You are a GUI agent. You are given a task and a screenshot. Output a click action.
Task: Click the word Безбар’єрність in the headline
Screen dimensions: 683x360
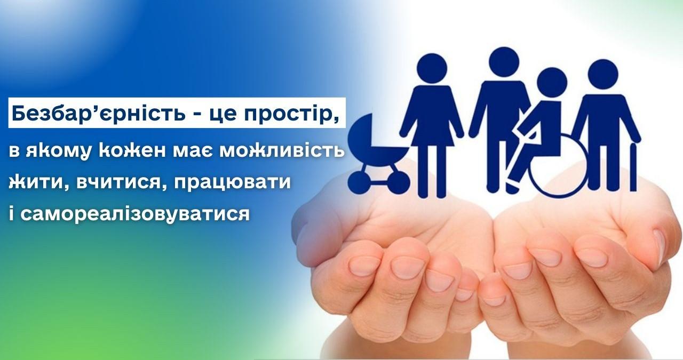(98, 113)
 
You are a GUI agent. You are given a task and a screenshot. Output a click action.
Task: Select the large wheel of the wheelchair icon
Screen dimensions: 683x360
(559, 166)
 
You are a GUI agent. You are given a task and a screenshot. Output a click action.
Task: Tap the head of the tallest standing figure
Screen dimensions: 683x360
(504, 62)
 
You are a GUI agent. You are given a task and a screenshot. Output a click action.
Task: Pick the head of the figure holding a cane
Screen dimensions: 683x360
(603, 74)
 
